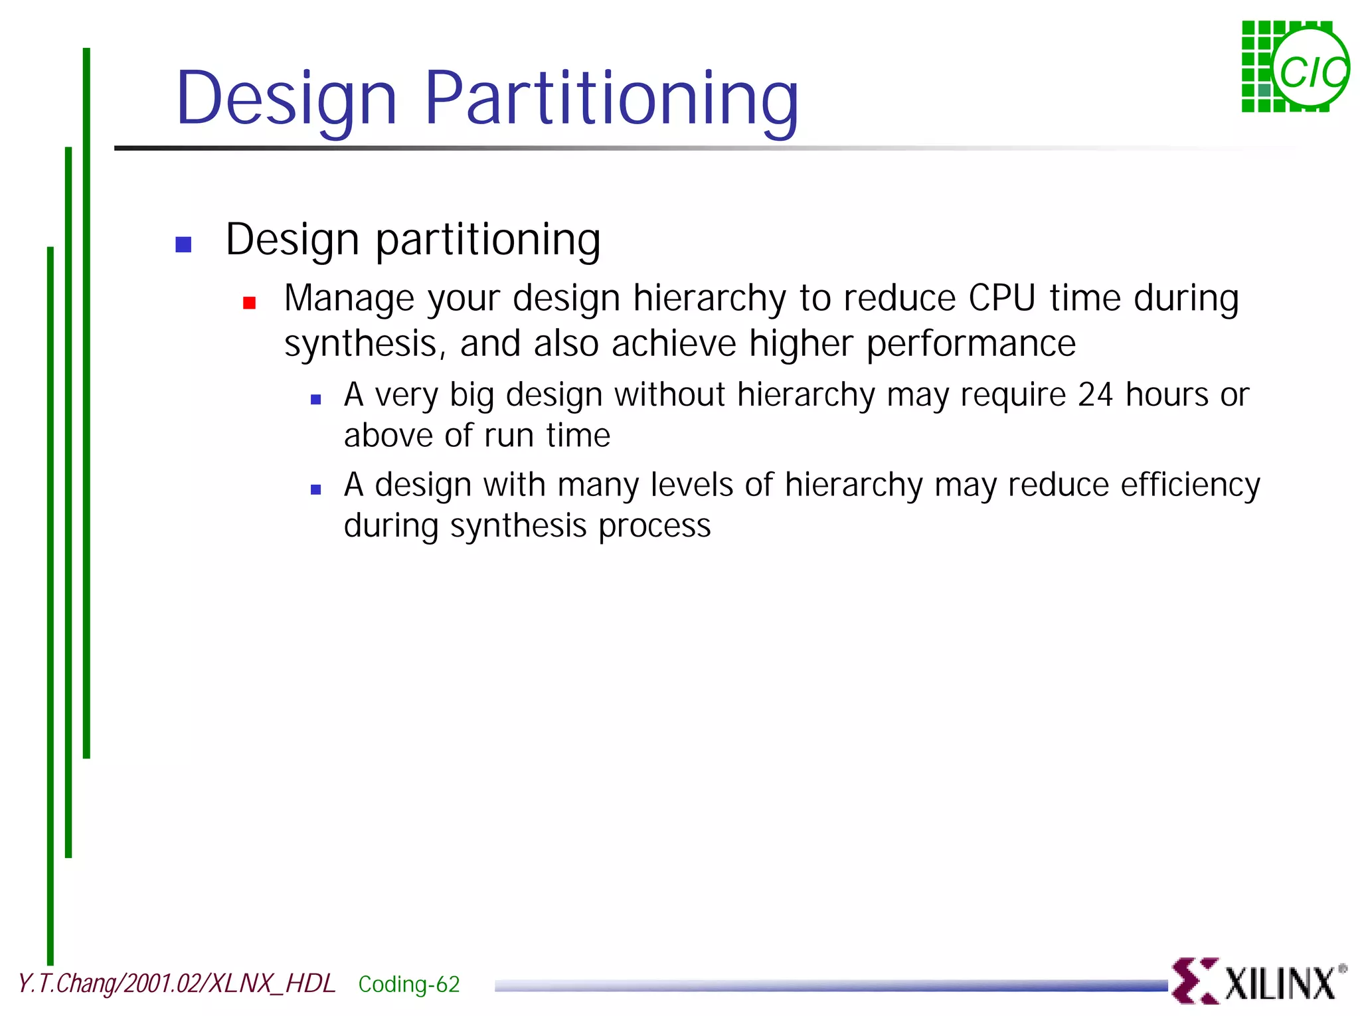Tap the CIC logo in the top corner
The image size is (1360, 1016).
tap(1295, 67)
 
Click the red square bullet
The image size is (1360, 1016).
tap(250, 303)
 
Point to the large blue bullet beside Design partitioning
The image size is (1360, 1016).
tap(183, 244)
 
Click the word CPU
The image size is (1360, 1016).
tap(1001, 298)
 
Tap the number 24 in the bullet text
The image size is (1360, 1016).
tap(1095, 395)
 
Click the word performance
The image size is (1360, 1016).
tap(971, 344)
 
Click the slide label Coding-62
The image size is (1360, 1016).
tap(409, 984)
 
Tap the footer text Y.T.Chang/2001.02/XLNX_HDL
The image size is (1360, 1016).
tap(177, 983)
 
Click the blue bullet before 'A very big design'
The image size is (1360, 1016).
tap(316, 400)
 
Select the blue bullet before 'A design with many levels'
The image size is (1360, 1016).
tap(316, 490)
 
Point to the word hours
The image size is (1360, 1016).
tap(1167, 395)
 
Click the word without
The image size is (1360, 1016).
tap(670, 395)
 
